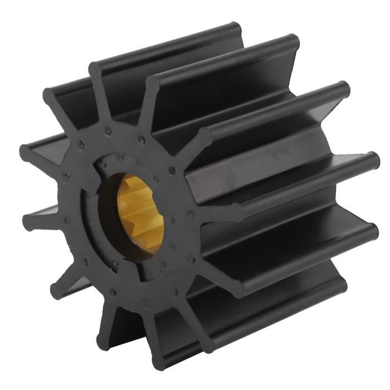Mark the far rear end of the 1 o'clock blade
[291, 42]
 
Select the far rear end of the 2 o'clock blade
[343, 89]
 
